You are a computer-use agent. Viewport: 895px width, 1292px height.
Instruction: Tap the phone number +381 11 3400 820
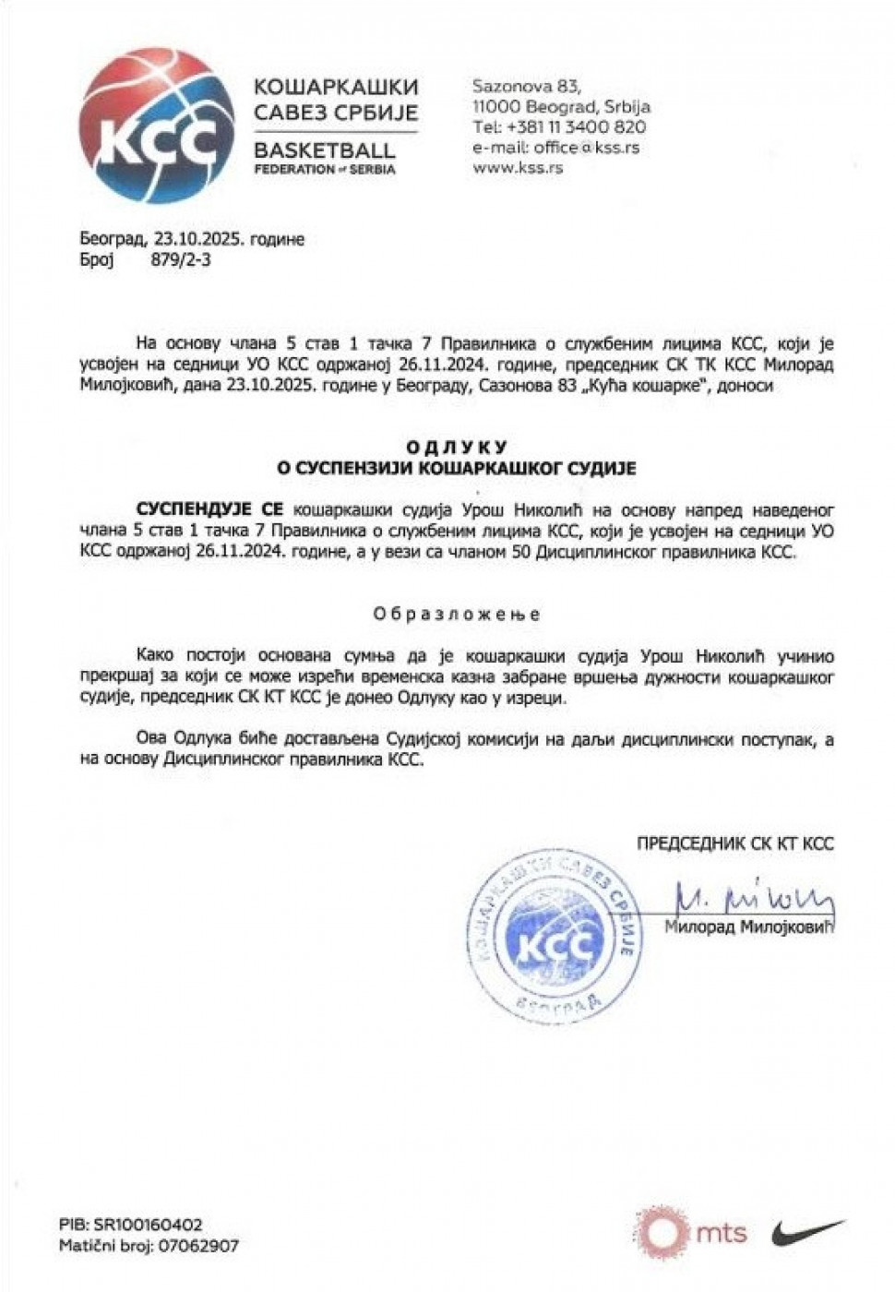pos(559,127)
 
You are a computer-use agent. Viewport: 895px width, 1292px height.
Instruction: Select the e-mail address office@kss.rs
pos(555,148)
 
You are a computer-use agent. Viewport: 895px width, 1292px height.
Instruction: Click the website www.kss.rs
pos(518,168)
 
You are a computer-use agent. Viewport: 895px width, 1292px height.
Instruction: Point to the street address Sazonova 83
pos(527,87)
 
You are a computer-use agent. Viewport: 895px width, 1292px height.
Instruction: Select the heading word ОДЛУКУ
pos(457,449)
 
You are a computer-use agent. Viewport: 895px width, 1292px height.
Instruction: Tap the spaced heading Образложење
pos(457,614)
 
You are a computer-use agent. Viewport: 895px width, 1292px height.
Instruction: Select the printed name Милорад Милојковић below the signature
pos(748,927)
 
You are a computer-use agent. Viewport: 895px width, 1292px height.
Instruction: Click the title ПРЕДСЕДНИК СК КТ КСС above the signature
pos(734,843)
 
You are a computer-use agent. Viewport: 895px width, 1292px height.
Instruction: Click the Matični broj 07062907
pos(148,1246)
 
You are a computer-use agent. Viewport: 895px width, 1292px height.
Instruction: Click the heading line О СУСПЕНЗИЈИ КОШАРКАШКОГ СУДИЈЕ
pos(457,469)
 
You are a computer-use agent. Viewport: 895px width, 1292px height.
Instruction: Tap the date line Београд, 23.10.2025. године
pos(192,240)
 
